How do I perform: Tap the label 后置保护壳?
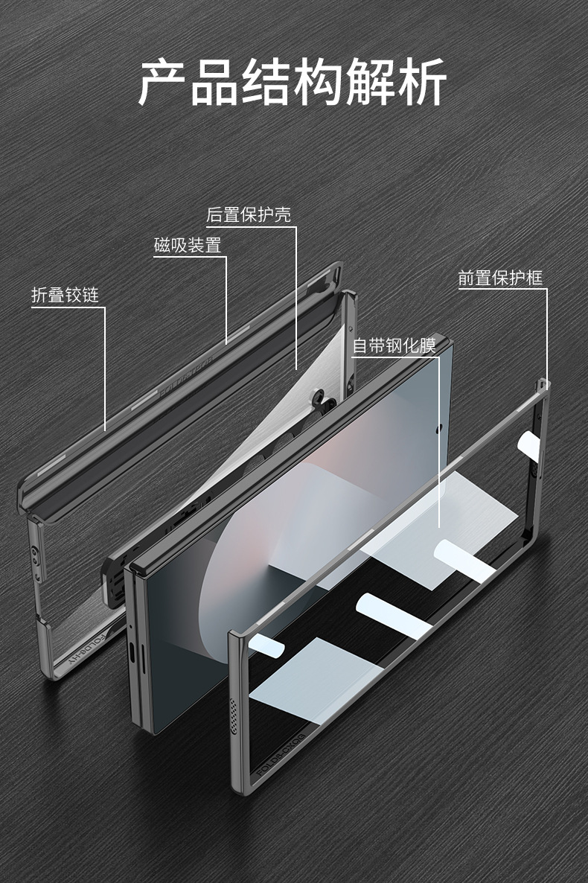249,215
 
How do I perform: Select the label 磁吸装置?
188,245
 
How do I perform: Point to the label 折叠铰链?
65,295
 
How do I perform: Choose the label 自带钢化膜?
403,345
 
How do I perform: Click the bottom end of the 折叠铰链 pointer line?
105,430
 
